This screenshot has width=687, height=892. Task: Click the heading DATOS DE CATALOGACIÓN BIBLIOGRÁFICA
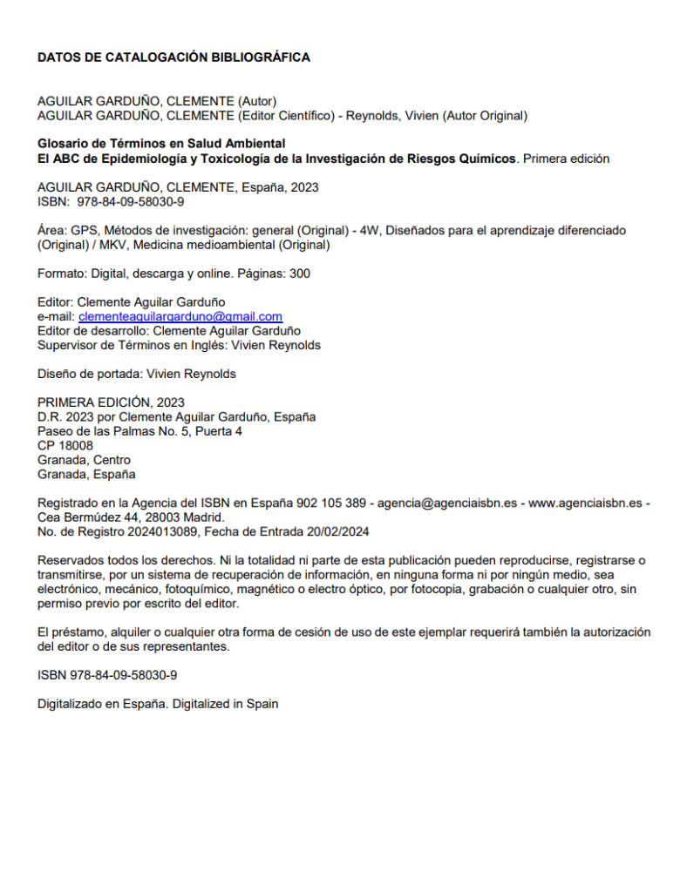173,57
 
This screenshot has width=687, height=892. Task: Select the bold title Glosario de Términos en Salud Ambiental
161,144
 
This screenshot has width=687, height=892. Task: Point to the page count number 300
299,274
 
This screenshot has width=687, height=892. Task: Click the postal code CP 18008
65,445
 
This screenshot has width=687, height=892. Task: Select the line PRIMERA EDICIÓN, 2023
111,402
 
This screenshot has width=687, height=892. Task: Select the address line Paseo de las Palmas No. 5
139,431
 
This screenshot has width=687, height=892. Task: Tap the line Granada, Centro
84,460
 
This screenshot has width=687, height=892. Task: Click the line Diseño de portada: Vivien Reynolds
136,374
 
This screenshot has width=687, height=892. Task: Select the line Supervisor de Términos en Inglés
179,345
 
